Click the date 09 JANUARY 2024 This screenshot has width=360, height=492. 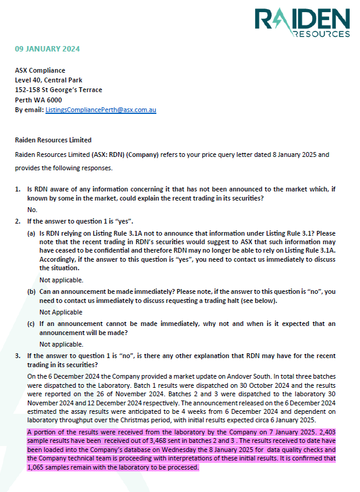point(47,48)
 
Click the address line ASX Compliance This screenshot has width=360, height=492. point(40,70)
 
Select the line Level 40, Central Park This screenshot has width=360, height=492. point(49,80)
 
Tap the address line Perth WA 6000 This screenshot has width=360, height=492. point(38,100)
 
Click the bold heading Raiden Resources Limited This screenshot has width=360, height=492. point(53,140)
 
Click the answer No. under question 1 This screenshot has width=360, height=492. point(32,209)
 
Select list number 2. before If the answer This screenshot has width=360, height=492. point(18,220)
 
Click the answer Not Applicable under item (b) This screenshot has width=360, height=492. point(61,312)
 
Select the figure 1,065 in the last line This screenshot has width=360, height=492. point(37,467)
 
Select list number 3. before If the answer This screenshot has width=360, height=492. point(18,355)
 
